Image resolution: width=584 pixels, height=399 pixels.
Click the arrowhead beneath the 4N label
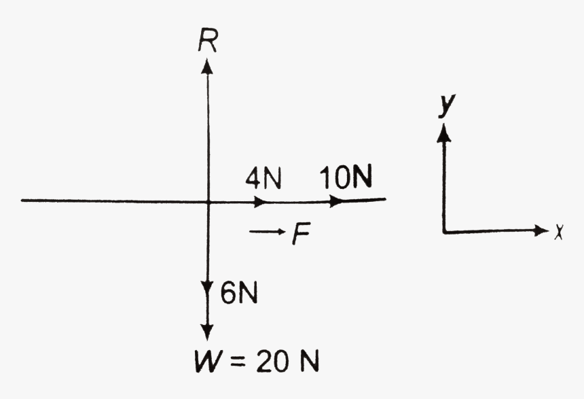tap(261, 202)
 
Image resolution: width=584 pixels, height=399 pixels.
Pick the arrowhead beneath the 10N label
tap(336, 201)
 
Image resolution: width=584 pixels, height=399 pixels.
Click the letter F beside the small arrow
tap(299, 235)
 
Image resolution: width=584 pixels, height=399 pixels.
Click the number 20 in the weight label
tap(271, 360)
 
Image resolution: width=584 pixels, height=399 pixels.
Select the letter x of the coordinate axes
tap(559, 232)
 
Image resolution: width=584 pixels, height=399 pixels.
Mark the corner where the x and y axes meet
tap(444, 232)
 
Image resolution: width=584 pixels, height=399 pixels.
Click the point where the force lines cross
tap(208, 201)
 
